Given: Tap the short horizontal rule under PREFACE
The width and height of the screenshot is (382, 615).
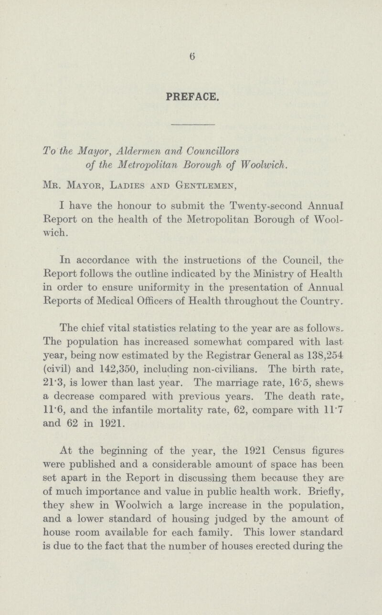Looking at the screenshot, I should [x=191, y=125].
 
